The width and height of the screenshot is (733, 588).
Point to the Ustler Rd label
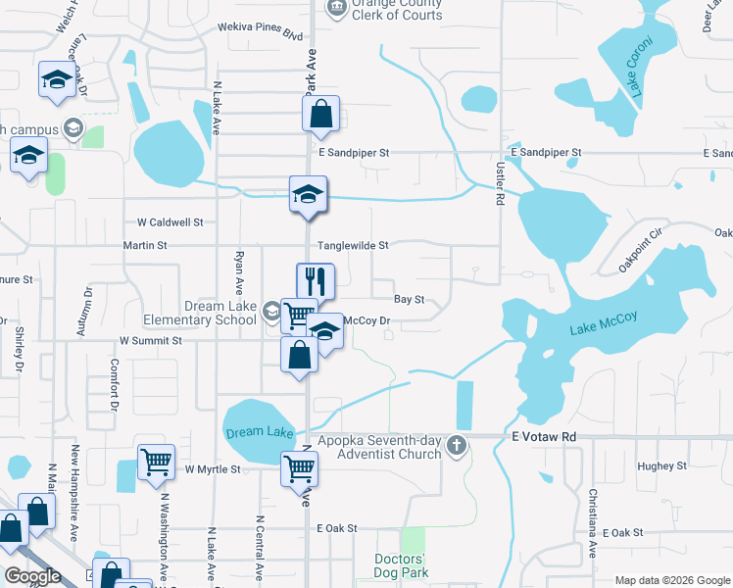point(498,184)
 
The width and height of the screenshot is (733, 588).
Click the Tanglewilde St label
point(352,245)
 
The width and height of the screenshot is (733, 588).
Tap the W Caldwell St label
point(170,222)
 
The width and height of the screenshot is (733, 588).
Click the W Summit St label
point(151,340)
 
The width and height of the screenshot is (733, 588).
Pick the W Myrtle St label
point(213,469)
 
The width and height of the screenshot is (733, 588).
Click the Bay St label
point(409,299)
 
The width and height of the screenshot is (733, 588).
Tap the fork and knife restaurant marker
point(316,281)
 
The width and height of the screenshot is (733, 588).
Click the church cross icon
point(456,447)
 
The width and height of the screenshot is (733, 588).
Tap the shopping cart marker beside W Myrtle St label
point(157,462)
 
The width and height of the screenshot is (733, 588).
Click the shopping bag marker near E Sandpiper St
point(320,115)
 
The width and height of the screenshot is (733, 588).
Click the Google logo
point(33,576)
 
